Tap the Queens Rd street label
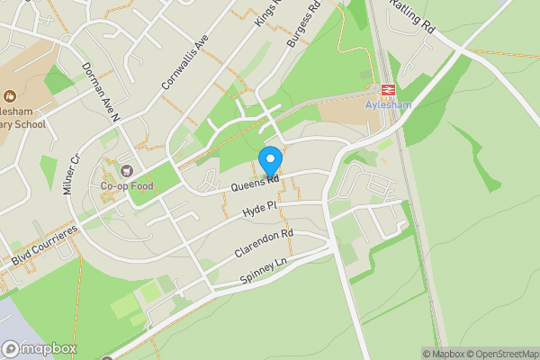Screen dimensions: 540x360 coord(255,183)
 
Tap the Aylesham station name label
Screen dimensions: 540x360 coord(389,104)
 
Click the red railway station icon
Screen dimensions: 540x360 coord(389,90)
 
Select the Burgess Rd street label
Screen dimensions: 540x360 coord(303,25)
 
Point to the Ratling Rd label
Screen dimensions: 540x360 coord(412,16)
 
